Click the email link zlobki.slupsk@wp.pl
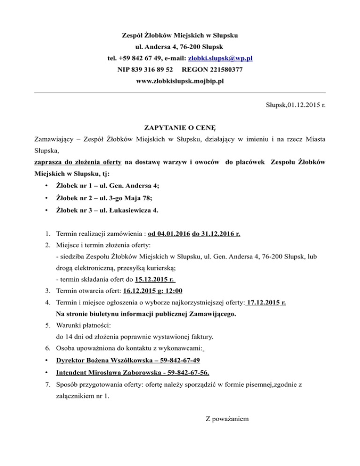point(220,59)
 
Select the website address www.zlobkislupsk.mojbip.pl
point(180,81)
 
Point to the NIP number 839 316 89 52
point(147,70)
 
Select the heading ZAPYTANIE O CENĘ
point(180,128)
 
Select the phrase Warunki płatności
point(83,324)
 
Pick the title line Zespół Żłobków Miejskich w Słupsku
point(180,36)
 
